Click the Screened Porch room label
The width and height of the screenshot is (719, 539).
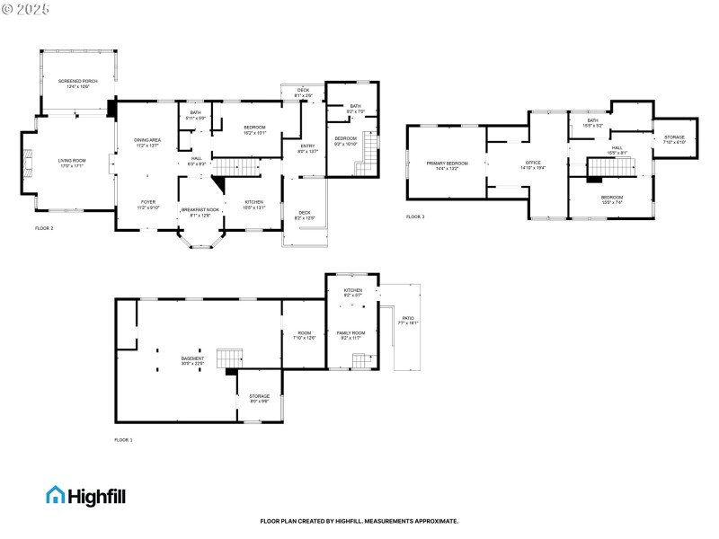pos(78,84)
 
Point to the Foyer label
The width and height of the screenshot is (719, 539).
pos(147,204)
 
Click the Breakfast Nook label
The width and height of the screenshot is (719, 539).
pos(201,211)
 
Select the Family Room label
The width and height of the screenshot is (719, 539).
pos(351,334)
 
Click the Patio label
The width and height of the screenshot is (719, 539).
pos(408,320)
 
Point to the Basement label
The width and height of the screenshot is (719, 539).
pos(192,361)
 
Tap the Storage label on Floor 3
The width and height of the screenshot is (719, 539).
pos(674,139)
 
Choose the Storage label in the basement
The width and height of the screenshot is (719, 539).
pos(259,398)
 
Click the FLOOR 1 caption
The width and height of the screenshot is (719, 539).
pos(123,440)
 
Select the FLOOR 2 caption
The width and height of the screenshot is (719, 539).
pos(44,229)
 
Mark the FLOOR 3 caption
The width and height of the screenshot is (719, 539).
pos(414,216)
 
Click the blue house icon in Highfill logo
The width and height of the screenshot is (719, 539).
pos(56,495)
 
